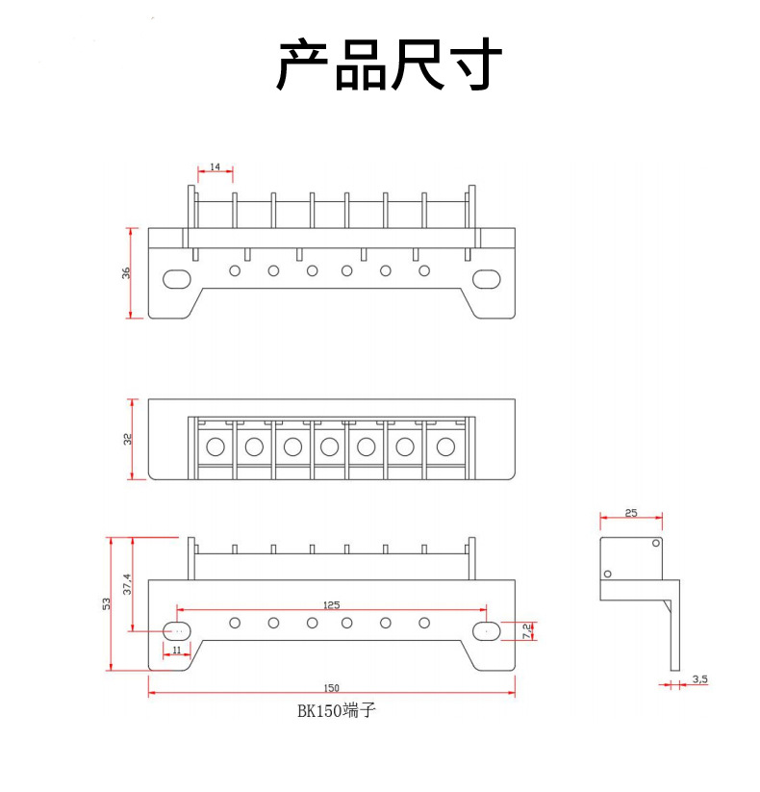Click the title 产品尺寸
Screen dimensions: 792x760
point(390,64)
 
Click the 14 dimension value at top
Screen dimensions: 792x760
point(215,167)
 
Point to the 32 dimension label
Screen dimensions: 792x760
point(127,439)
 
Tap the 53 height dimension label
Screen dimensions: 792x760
point(107,603)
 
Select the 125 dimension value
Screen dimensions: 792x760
point(331,604)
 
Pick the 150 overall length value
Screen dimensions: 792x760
point(331,687)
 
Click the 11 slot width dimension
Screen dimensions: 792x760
point(176,651)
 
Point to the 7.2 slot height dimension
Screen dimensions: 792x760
point(526,630)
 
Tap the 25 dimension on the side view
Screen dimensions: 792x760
point(631,513)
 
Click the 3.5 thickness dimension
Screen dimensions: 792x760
point(699,679)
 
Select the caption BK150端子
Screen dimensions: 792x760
point(331,713)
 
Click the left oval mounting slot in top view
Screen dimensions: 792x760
point(177,279)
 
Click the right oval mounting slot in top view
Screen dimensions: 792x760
point(487,279)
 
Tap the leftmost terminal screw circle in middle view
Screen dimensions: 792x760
point(215,447)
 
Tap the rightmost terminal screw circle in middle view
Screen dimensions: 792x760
point(444,447)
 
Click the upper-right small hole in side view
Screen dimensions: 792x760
point(657,544)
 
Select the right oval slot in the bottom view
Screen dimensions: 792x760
point(487,631)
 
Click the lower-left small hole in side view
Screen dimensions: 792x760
point(607,575)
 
